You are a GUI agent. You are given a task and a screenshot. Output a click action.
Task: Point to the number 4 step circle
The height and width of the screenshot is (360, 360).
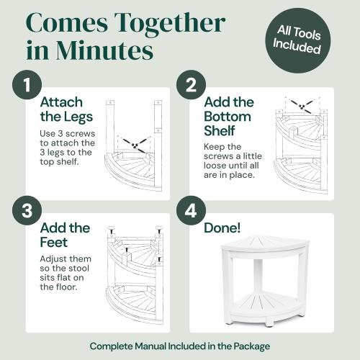pyautogui.click(x=192, y=214)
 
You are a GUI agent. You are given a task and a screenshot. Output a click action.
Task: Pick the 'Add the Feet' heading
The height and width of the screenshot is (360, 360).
pyautogui.click(x=65, y=235)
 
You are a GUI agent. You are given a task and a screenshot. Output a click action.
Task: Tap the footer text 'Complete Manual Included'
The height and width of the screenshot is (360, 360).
pyautogui.click(x=179, y=346)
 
